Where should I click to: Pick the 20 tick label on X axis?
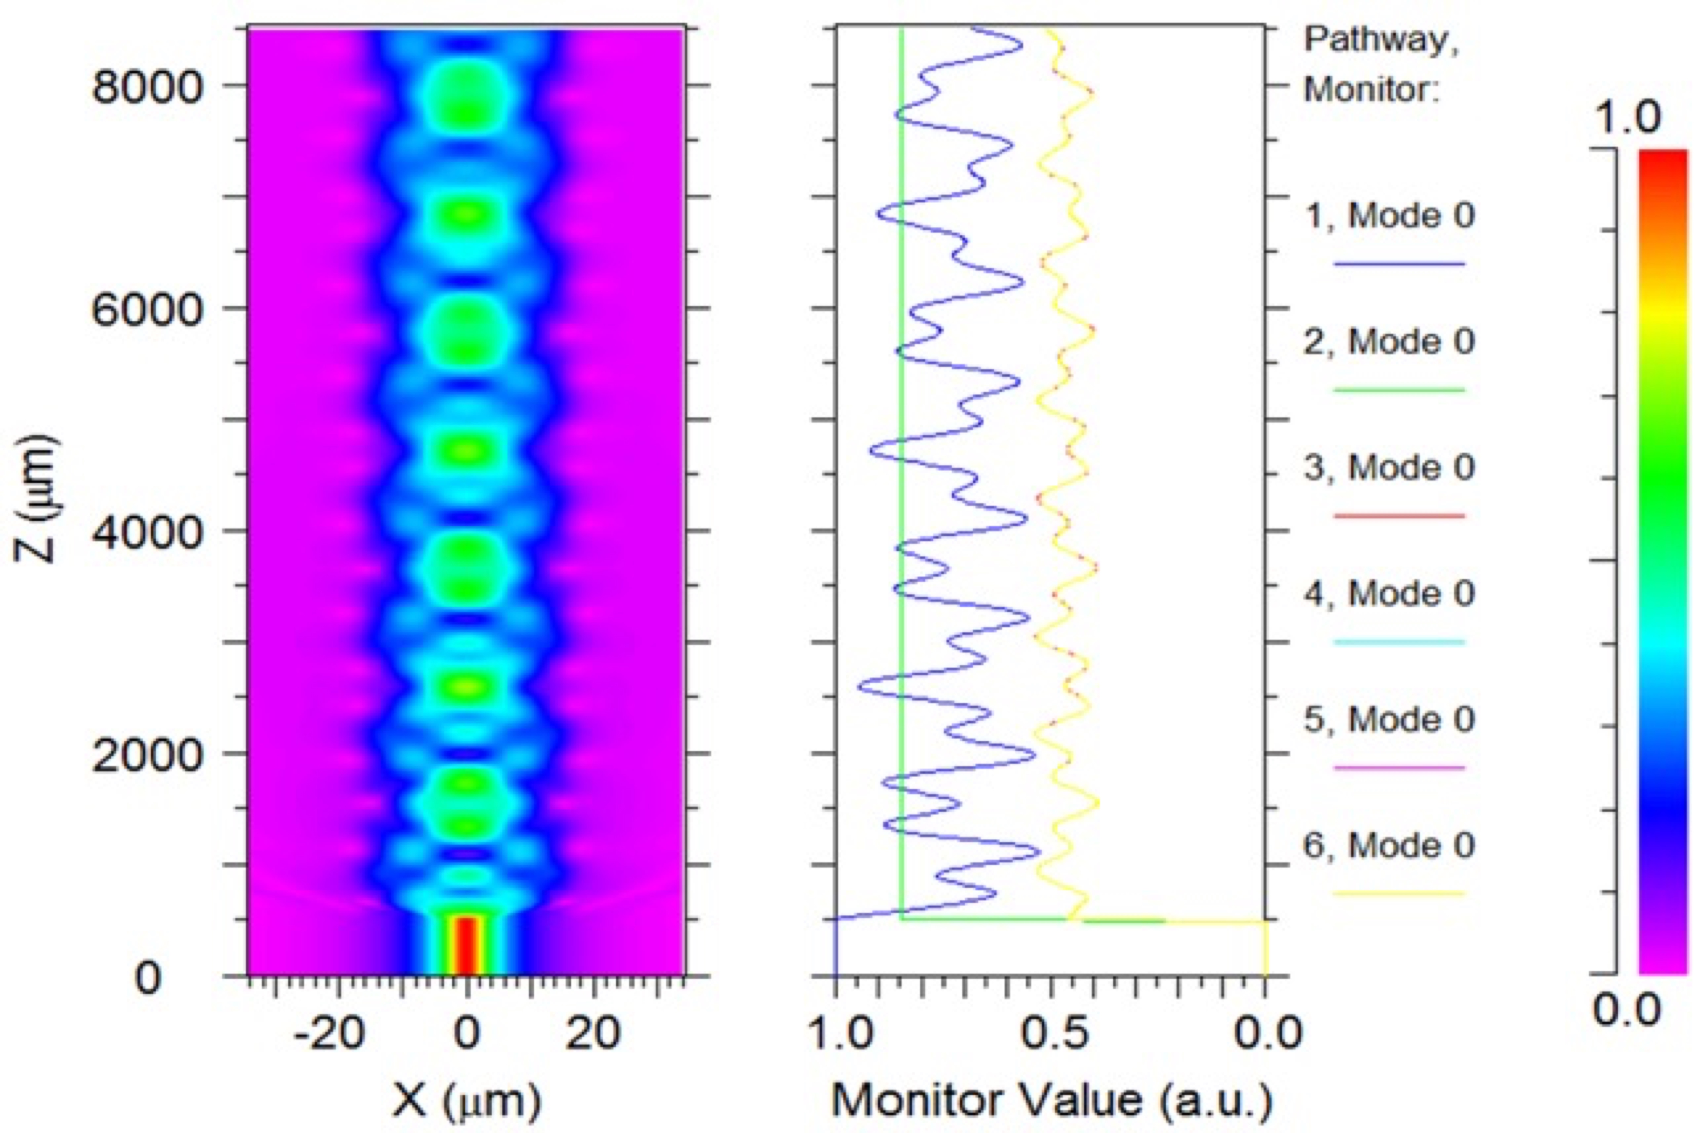pyautogui.click(x=593, y=1033)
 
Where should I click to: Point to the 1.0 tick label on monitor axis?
pyautogui.click(x=838, y=1033)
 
